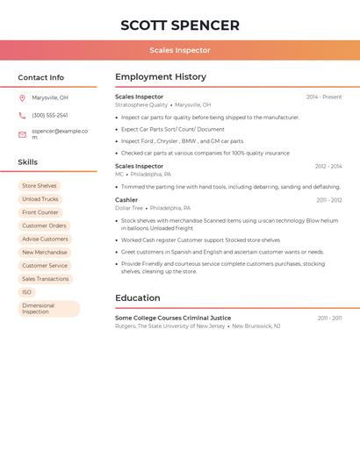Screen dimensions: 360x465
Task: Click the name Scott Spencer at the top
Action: [180, 25]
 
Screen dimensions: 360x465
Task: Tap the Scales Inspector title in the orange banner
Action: [180, 50]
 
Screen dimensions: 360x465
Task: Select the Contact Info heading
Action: [40, 77]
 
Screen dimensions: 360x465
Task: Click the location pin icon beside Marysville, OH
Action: [22, 98]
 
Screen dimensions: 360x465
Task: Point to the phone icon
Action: [22, 115]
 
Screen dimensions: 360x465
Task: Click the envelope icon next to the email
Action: [22, 134]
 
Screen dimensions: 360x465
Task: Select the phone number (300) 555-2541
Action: [50, 115]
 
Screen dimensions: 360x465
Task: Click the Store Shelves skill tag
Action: [40, 186]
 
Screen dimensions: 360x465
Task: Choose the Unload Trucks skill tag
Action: [40, 199]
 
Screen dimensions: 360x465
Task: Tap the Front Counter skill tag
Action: [40, 212]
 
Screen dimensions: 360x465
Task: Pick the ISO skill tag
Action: [26, 292]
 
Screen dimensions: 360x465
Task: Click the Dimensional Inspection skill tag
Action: [48, 309]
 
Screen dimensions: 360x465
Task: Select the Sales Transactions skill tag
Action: [46, 279]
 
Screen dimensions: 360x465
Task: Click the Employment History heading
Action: [161, 77]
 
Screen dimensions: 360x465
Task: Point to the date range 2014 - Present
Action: [324, 97]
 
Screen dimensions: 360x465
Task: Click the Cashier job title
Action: [126, 200]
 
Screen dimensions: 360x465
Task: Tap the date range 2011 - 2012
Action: [329, 200]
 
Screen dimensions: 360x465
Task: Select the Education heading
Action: [138, 298]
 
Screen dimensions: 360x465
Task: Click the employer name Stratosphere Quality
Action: [141, 105]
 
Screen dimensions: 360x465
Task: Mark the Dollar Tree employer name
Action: [129, 208]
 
